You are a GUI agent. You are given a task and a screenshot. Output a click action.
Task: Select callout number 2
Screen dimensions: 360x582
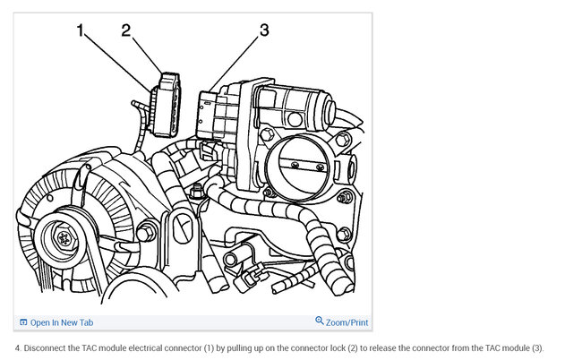point(126,30)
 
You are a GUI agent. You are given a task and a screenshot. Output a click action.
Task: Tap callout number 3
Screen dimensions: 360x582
point(264,30)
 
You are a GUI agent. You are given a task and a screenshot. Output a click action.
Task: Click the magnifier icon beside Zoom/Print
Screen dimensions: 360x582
point(320,321)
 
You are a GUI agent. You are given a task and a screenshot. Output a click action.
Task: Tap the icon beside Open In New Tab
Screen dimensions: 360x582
point(23,322)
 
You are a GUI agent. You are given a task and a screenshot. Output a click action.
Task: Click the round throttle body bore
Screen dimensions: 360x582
point(303,167)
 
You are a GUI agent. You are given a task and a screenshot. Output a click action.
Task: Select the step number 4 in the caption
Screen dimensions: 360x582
point(18,348)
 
